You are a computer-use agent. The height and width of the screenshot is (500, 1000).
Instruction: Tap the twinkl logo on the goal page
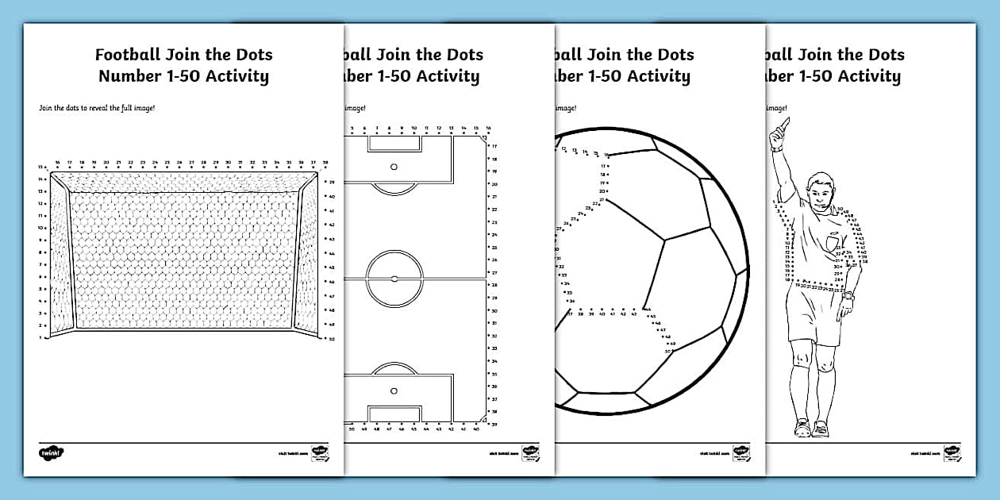[51, 452]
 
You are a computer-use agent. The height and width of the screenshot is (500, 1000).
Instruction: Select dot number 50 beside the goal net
[326, 338]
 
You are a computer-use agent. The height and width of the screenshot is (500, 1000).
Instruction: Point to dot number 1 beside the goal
[48, 337]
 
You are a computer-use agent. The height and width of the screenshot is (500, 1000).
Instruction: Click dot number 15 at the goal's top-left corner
[47, 167]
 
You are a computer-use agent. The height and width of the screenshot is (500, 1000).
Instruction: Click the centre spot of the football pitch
[394, 279]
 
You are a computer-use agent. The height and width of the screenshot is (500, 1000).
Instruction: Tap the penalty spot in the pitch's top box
[394, 167]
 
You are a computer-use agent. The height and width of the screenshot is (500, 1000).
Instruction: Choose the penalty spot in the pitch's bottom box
[394, 390]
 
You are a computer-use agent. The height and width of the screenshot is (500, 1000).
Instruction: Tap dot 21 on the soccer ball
[602, 200]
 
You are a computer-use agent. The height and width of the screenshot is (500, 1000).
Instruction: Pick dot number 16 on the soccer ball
[606, 155]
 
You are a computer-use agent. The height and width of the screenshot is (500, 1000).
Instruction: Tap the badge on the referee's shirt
[832, 241]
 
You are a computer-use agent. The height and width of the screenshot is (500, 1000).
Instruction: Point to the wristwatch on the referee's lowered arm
[848, 295]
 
